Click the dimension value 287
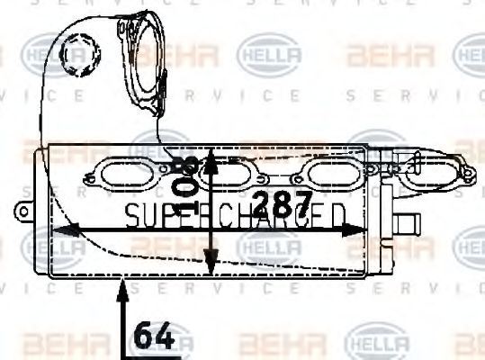point(281,203)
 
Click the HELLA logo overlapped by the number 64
point(167,342)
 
